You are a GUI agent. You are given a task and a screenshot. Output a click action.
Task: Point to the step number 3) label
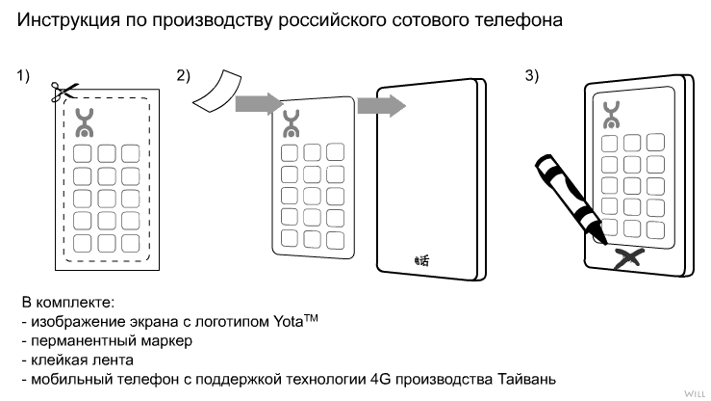532,76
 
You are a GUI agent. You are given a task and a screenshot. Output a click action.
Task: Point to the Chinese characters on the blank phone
420,258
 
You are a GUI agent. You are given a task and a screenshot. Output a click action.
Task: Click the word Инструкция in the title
65,18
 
